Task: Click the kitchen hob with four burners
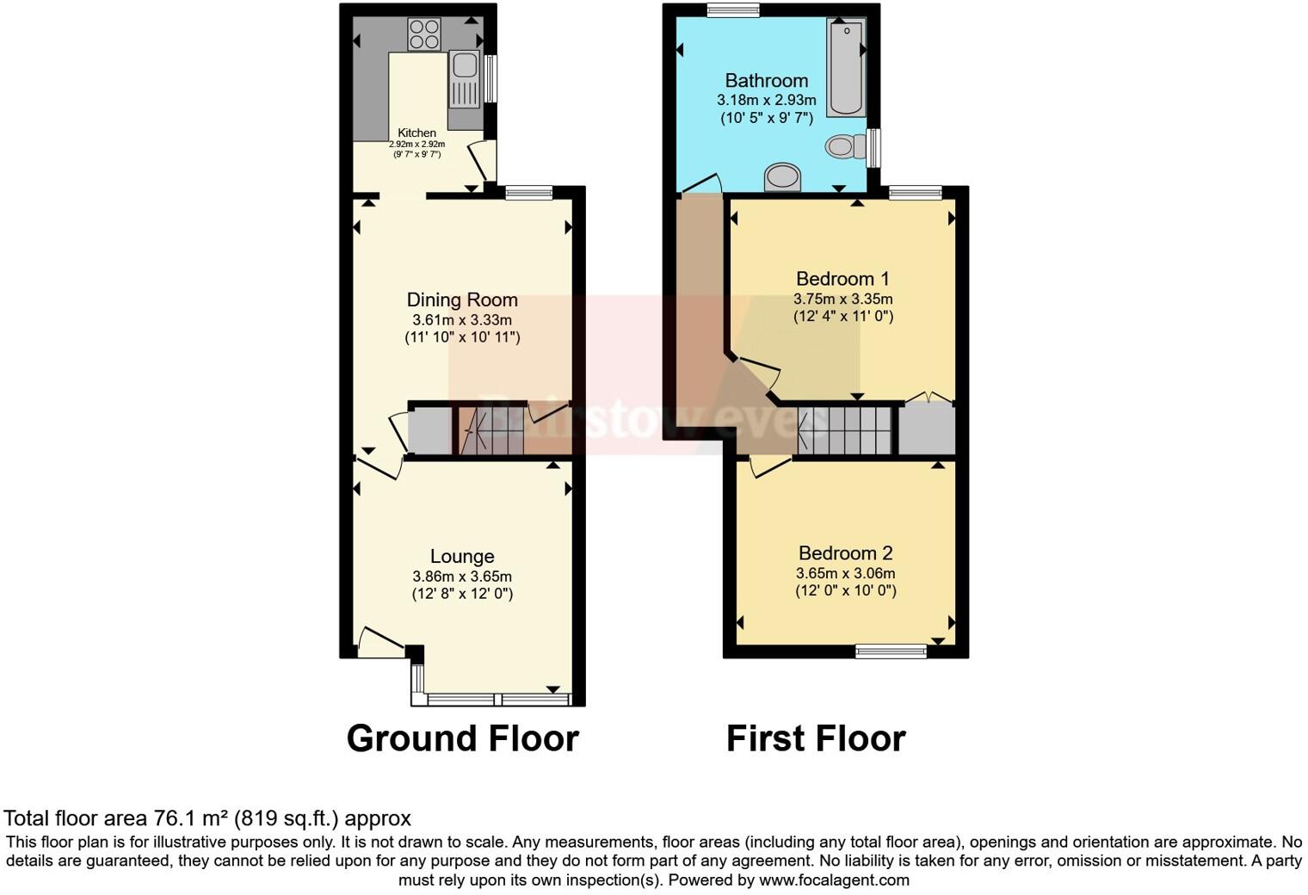coord(424,34)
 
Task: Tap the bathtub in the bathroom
coord(845,67)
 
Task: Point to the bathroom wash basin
coord(782,177)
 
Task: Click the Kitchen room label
coord(416,133)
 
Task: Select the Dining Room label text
coord(462,299)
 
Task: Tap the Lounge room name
coord(462,557)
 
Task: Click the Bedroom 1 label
coord(842,279)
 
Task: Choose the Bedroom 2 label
coord(845,553)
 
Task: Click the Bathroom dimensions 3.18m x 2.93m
coord(766,100)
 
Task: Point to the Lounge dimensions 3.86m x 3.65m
coord(462,577)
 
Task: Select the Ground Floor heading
coord(462,738)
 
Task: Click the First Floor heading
coord(816,738)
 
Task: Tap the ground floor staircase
coord(489,430)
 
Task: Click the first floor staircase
coord(843,429)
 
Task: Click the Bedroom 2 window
coord(891,651)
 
